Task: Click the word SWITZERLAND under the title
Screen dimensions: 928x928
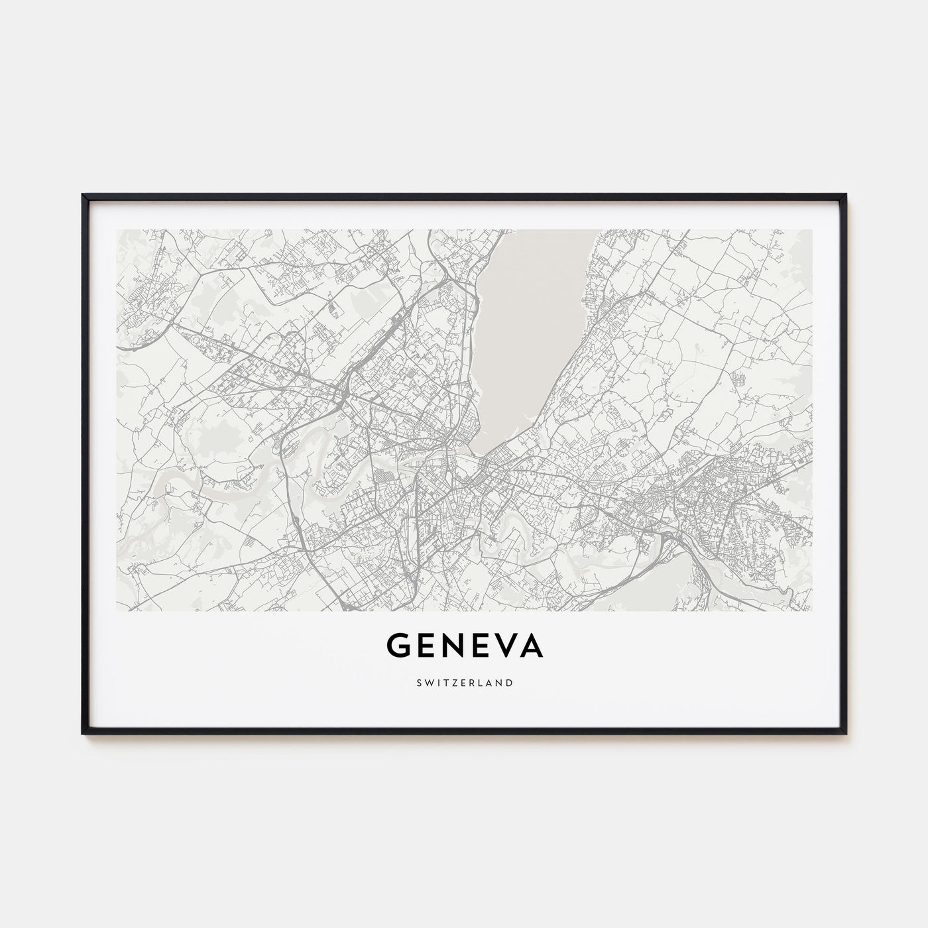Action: click(464, 682)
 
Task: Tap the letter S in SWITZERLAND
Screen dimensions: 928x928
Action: click(418, 682)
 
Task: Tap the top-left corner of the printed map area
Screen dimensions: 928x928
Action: click(117, 230)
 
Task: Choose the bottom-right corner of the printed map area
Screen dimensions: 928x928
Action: click(812, 610)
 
